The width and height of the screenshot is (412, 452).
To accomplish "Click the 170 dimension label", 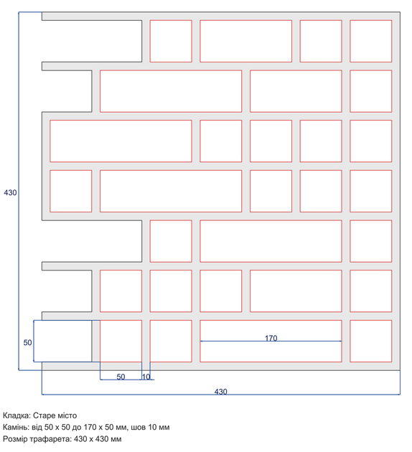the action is click(271, 338).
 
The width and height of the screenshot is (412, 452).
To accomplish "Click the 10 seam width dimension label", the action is click(146, 377).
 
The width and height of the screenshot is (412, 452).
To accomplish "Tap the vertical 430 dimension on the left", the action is click(10, 192).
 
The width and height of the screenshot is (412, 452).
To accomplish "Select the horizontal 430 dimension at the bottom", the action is click(220, 392).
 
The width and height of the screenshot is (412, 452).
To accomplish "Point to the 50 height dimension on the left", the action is click(27, 342).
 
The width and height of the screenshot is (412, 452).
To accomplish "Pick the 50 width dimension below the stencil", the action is click(121, 377).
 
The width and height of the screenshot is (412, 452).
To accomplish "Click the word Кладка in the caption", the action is click(17, 415).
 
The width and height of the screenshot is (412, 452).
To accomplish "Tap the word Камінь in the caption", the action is click(17, 427).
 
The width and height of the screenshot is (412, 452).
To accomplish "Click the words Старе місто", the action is click(55, 415).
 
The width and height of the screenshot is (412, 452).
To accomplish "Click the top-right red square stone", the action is click(371, 41).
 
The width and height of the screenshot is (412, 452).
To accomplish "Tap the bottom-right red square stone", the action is click(371, 341).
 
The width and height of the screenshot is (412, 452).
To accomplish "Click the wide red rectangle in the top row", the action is click(245, 41).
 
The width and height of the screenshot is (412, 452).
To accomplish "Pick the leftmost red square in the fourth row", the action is click(70, 191).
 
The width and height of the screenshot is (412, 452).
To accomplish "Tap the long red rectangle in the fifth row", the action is click(271, 241).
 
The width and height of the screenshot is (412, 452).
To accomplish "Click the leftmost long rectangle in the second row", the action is click(171, 91).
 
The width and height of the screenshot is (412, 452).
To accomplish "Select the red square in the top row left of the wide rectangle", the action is click(171, 41).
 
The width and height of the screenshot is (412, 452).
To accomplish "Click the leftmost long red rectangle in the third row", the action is click(121, 141).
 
